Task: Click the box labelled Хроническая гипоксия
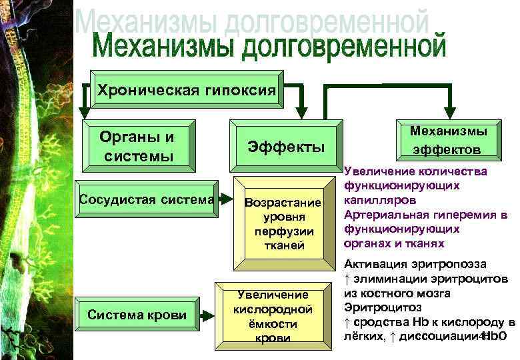(186, 90)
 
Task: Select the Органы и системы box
(137, 146)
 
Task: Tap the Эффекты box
(286, 147)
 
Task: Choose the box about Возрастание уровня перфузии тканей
(283, 224)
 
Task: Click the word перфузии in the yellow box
(283, 231)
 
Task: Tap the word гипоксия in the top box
(237, 90)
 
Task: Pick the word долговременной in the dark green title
(343, 49)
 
